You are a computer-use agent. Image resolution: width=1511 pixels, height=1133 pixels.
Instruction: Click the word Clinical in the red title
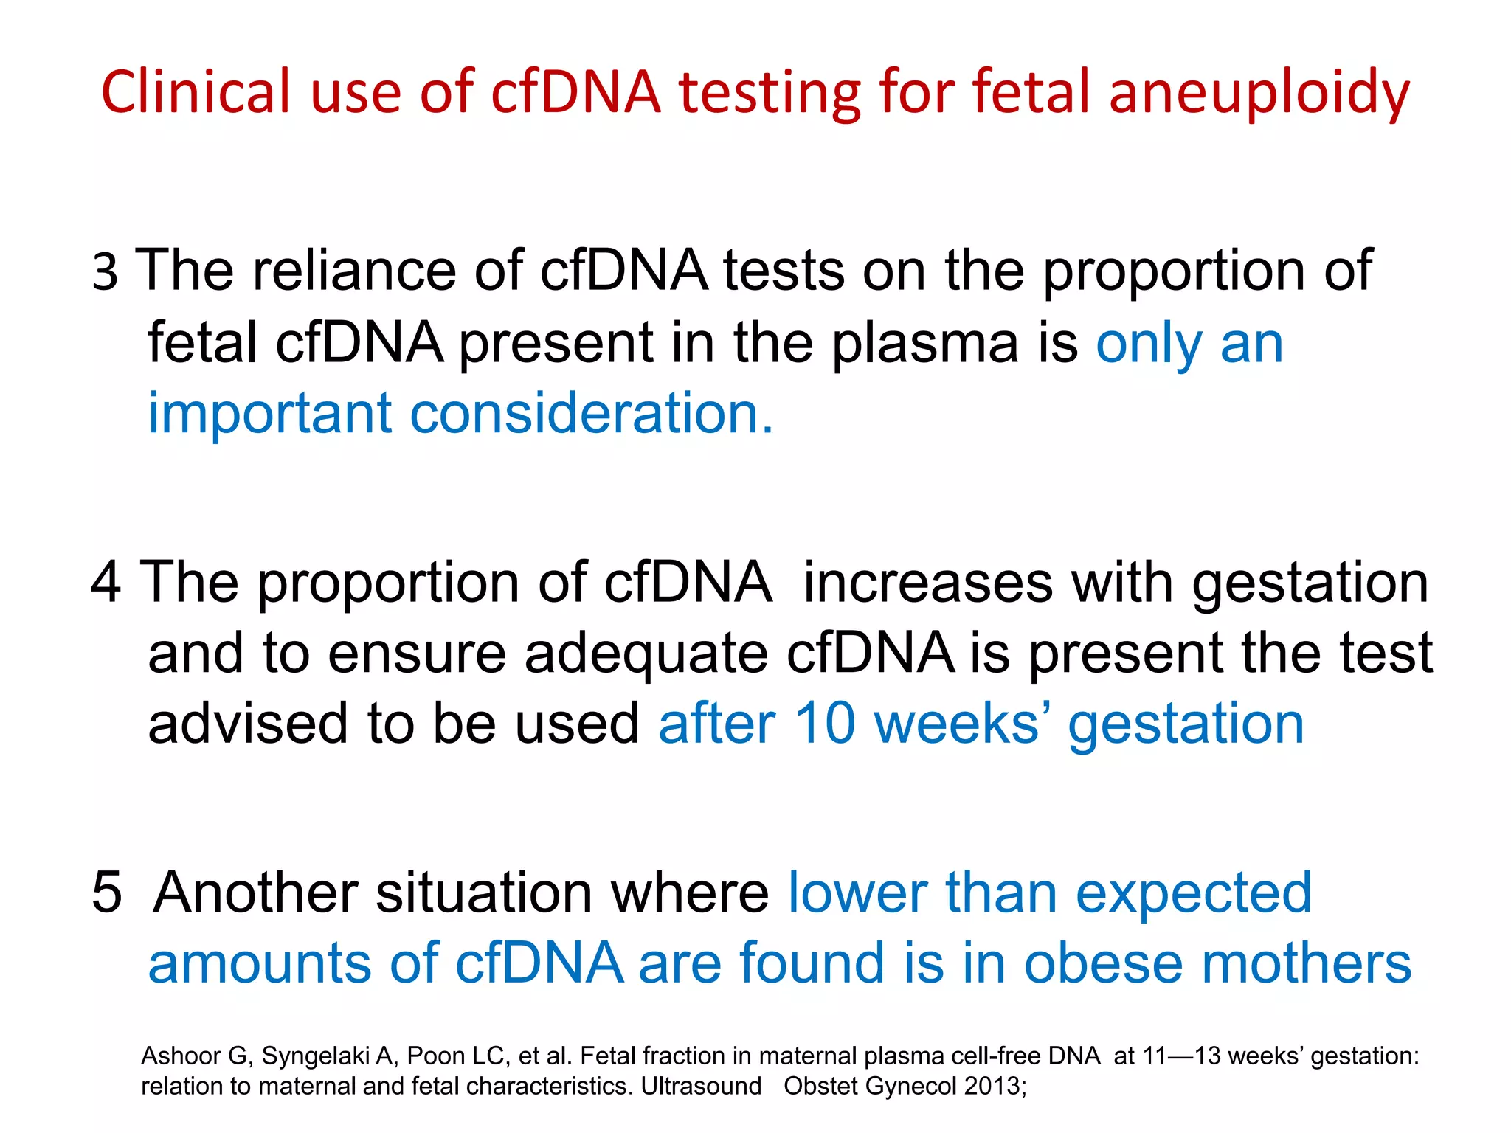click(x=196, y=92)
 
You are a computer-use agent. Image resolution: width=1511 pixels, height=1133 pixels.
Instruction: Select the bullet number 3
click(x=105, y=271)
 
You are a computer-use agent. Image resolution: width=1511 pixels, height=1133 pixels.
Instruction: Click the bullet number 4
click(x=106, y=583)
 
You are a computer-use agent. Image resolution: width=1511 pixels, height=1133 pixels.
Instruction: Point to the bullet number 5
click(x=106, y=893)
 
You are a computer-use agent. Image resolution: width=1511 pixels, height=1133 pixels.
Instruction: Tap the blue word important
click(x=269, y=413)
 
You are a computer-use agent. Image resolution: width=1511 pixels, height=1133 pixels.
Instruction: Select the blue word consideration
click(x=591, y=413)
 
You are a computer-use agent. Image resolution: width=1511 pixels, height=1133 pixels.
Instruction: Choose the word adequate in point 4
click(x=646, y=654)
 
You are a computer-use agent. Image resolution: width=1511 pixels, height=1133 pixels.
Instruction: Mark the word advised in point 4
click(x=247, y=724)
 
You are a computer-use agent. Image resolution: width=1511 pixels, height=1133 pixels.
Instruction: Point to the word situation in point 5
click(x=484, y=893)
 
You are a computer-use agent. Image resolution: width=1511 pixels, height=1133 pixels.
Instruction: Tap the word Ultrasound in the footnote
click(x=701, y=1087)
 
